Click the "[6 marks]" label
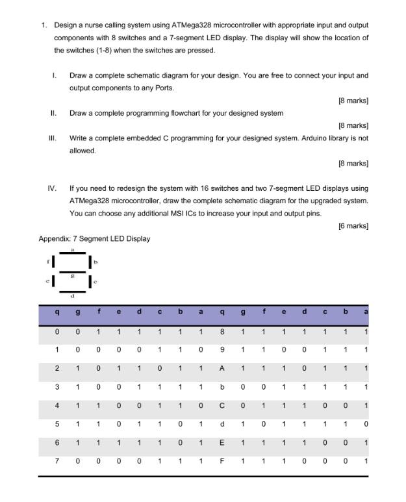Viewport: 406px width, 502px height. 353,226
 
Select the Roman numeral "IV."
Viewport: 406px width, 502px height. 52,188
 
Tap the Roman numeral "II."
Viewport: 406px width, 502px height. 54,113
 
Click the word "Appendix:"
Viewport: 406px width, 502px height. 55,238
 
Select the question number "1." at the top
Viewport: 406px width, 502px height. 44,25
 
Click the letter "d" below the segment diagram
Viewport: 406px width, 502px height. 73,297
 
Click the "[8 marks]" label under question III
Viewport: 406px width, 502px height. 353,163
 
